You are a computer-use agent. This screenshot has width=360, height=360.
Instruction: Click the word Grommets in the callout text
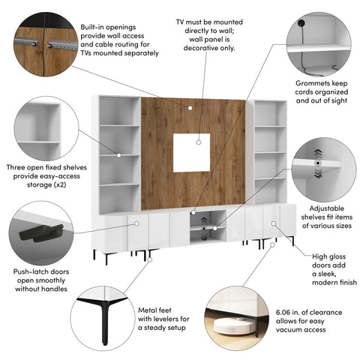click(307, 88)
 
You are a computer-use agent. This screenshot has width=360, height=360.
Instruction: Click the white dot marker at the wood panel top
click(191, 108)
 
